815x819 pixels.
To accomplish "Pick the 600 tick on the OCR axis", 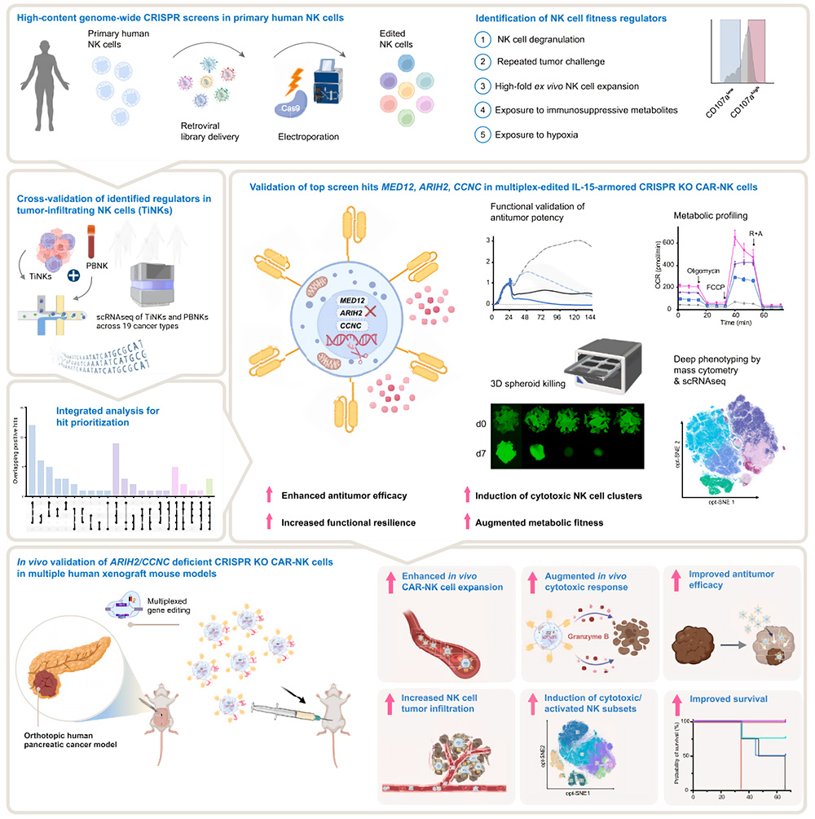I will [670, 242].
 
